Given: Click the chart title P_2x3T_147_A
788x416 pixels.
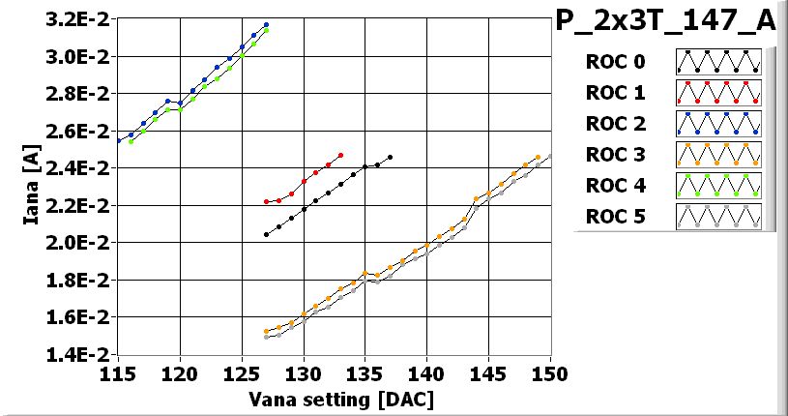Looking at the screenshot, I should (666, 21).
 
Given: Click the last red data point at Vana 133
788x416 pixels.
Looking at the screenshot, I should (341, 155).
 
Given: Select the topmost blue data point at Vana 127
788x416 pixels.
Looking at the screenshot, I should (266, 25).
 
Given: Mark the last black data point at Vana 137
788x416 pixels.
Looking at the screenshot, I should (390, 157).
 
